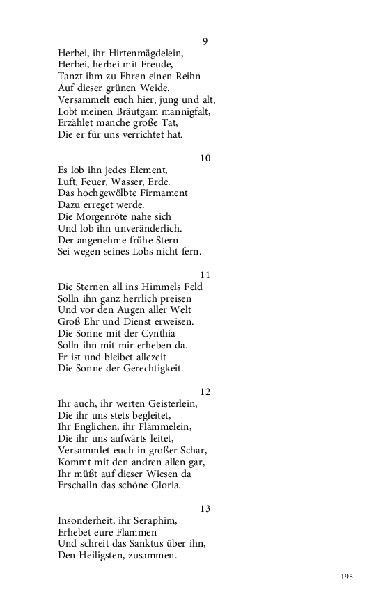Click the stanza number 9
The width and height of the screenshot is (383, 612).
point(205,41)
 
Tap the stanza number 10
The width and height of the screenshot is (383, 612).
point(205,158)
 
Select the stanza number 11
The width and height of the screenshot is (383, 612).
point(205,275)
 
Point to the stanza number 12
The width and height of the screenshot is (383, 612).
point(205,392)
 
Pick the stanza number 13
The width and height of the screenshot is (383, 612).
point(205,508)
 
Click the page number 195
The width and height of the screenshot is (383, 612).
point(347,577)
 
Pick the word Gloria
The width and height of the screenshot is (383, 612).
point(163,485)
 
